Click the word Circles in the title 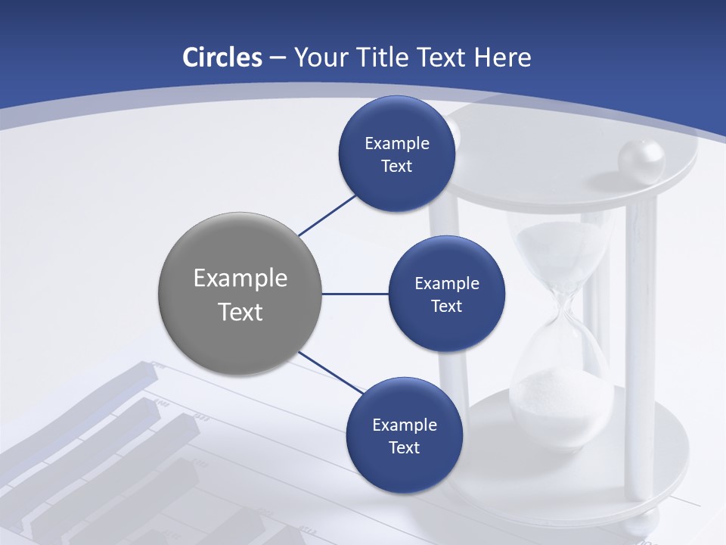click(222, 58)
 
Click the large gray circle click(240, 294)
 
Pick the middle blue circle click(446, 294)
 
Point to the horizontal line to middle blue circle click(355, 294)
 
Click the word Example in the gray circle click(240, 279)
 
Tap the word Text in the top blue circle click(396, 167)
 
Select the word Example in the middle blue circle click(446, 283)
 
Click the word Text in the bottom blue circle click(404, 447)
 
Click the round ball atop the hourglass click(641, 159)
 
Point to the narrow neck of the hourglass click(563, 310)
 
